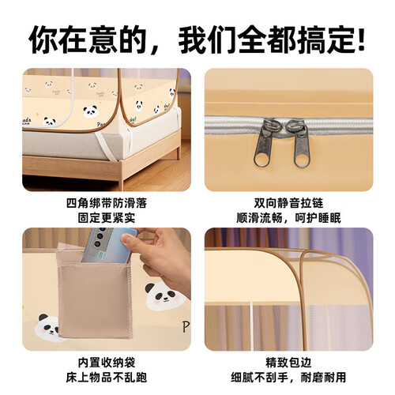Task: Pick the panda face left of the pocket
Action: coord(50,326)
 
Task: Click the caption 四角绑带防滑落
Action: coord(106,203)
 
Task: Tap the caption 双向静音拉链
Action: coord(288,203)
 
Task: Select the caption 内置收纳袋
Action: coord(107,363)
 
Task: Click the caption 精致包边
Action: coord(288,363)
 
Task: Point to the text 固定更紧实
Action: coord(107,218)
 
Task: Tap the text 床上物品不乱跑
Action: coord(107,378)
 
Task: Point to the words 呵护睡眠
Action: coord(318,218)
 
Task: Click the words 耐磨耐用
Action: coord(323,378)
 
